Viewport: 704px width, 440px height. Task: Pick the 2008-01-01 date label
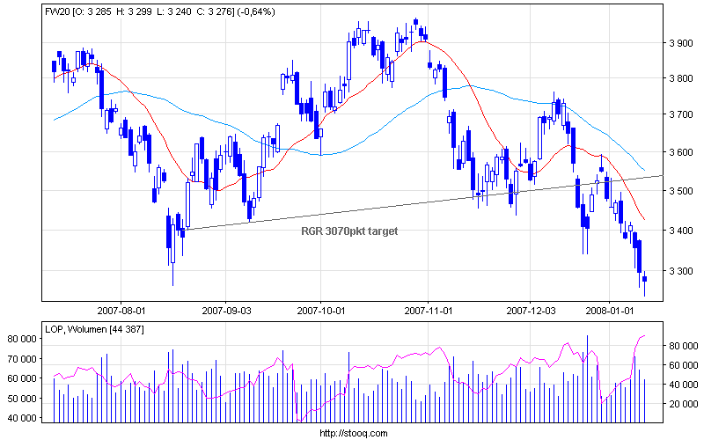(610, 310)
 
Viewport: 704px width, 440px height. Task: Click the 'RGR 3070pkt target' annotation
(350, 231)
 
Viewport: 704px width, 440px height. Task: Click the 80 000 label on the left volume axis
(25, 338)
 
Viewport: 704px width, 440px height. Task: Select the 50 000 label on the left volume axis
(25, 399)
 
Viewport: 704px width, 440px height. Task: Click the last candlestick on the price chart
(645, 279)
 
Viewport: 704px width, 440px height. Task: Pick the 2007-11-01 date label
(429, 310)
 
